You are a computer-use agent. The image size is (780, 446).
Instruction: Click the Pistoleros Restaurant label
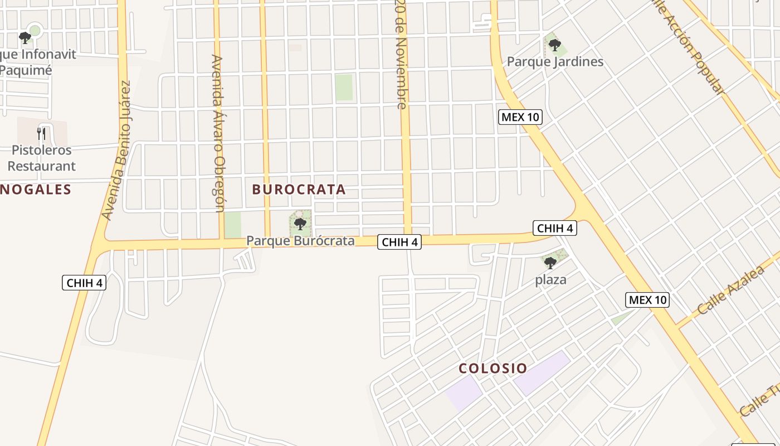(41, 158)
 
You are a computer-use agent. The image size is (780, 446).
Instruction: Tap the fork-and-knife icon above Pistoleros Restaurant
(41, 134)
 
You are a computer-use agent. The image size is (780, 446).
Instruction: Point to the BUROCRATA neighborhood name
(299, 190)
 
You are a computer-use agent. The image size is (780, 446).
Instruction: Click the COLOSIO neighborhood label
(493, 369)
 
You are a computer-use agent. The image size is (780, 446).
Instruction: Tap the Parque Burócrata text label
(300, 241)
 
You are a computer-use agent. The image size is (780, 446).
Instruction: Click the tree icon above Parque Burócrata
(300, 224)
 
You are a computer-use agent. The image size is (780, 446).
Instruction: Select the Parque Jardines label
(555, 61)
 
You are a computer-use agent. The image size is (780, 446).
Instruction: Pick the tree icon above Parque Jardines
(554, 45)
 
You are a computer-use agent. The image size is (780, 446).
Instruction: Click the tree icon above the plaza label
(550, 263)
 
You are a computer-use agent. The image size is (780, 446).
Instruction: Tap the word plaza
(550, 280)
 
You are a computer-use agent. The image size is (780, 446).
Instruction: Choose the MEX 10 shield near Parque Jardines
(520, 117)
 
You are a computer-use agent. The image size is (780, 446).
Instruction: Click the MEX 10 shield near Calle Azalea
(647, 300)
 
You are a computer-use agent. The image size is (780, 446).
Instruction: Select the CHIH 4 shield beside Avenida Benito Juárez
(84, 283)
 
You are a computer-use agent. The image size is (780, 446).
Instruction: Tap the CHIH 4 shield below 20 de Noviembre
(399, 242)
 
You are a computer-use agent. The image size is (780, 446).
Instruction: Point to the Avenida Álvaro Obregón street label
(218, 134)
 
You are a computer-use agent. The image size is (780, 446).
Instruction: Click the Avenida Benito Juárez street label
(116, 151)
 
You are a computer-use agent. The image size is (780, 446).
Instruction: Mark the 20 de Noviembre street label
(401, 54)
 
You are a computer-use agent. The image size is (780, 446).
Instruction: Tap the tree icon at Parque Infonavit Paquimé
(25, 38)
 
